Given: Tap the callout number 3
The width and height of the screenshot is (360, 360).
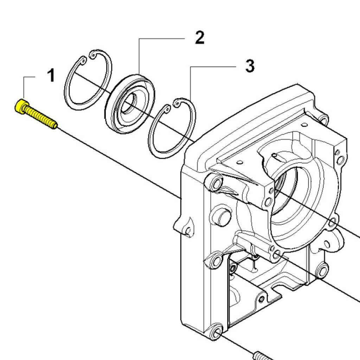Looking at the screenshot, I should [250, 66].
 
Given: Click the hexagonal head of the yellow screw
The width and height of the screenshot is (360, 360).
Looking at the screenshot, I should [21, 106].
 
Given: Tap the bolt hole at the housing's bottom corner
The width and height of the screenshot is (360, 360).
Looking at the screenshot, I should [215, 332].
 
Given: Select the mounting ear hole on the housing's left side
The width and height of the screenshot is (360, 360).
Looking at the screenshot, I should [189, 230].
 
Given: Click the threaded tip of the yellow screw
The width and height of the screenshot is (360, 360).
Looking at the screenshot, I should [53, 125].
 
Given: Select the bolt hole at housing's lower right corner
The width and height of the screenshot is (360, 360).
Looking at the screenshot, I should [322, 271].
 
